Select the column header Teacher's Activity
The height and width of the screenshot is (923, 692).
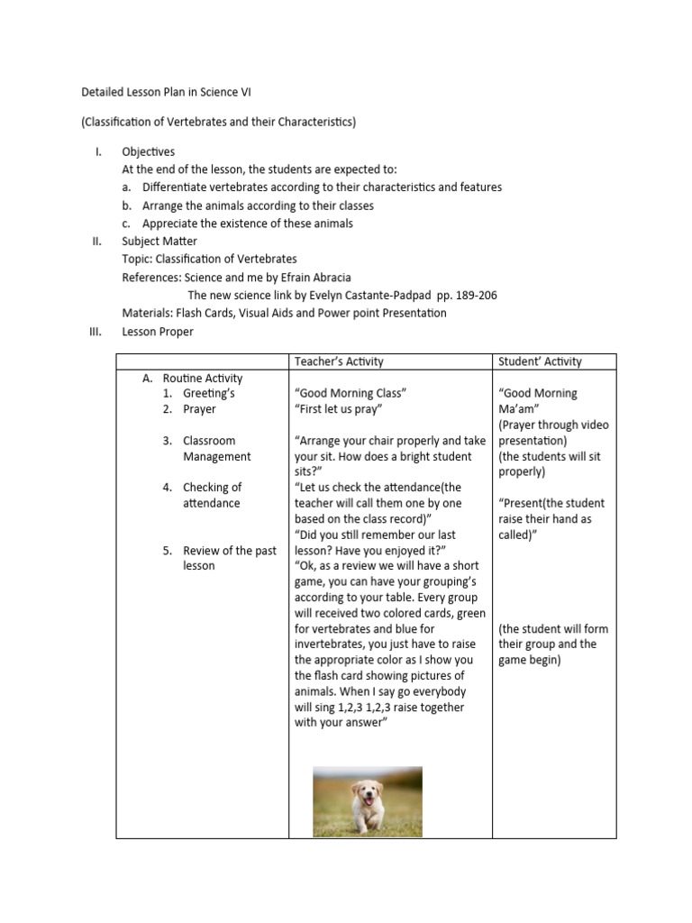tap(339, 361)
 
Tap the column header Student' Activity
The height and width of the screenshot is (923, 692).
tap(540, 361)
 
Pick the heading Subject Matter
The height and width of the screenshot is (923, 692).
tap(159, 242)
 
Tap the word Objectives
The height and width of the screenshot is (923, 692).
tap(149, 151)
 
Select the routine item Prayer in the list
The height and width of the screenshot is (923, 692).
tap(199, 409)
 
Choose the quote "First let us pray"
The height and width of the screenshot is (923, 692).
tap(339, 409)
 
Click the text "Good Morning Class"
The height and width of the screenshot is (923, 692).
tap(351, 393)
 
